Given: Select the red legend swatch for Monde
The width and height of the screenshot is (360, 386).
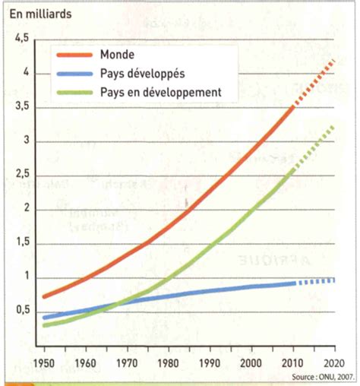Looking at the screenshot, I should (x=75, y=55).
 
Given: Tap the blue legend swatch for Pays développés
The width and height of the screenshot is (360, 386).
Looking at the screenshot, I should (x=75, y=74).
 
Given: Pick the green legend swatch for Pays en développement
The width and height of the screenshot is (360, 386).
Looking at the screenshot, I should (x=75, y=92).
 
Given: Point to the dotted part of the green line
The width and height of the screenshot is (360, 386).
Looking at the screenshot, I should (x=315, y=148).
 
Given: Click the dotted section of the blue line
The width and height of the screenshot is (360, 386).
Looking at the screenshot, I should (x=315, y=282).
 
